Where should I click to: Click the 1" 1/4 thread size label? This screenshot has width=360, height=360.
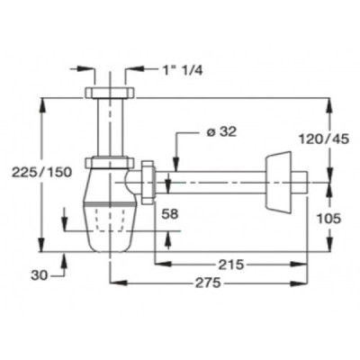click(183, 71)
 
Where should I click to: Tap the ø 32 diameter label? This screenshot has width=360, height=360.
click(221, 132)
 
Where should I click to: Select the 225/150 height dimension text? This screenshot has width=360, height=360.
click(41, 172)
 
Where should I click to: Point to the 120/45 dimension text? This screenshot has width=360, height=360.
click(324, 139)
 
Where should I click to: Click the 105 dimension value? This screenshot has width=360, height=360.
click(328, 219)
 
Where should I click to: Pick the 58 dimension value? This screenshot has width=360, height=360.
click(170, 214)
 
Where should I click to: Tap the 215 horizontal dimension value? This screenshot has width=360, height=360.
click(231, 265)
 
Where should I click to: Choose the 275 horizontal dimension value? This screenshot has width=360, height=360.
click(208, 283)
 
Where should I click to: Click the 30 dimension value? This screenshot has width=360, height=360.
click(40, 275)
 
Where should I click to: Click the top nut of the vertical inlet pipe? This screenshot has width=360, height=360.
click(109, 93)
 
